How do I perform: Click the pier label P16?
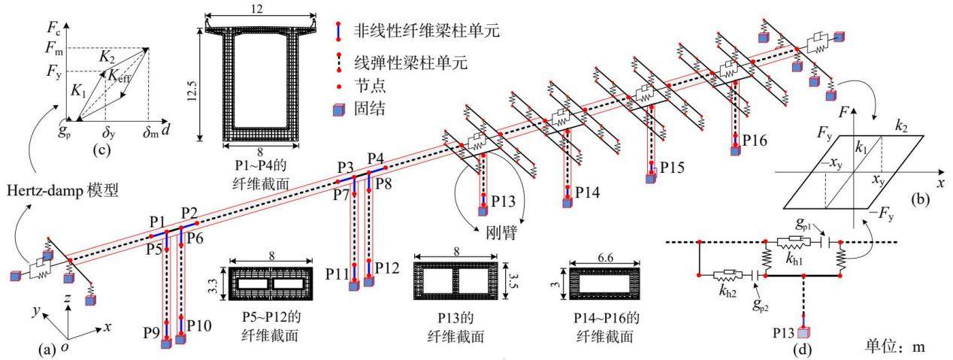point(755,140)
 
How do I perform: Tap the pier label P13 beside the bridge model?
point(503,201)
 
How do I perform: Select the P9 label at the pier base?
point(152,333)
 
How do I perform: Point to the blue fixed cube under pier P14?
point(567,204)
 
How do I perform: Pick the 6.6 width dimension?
point(605,258)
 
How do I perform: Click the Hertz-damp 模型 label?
point(62,191)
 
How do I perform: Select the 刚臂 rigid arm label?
point(501,233)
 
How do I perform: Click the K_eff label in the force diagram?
point(119,77)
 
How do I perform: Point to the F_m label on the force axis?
point(53,47)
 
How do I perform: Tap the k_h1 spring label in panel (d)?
point(794,259)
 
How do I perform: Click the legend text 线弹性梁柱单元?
point(410,62)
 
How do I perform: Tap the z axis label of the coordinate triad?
point(67,298)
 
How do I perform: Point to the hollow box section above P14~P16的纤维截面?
point(604,283)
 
